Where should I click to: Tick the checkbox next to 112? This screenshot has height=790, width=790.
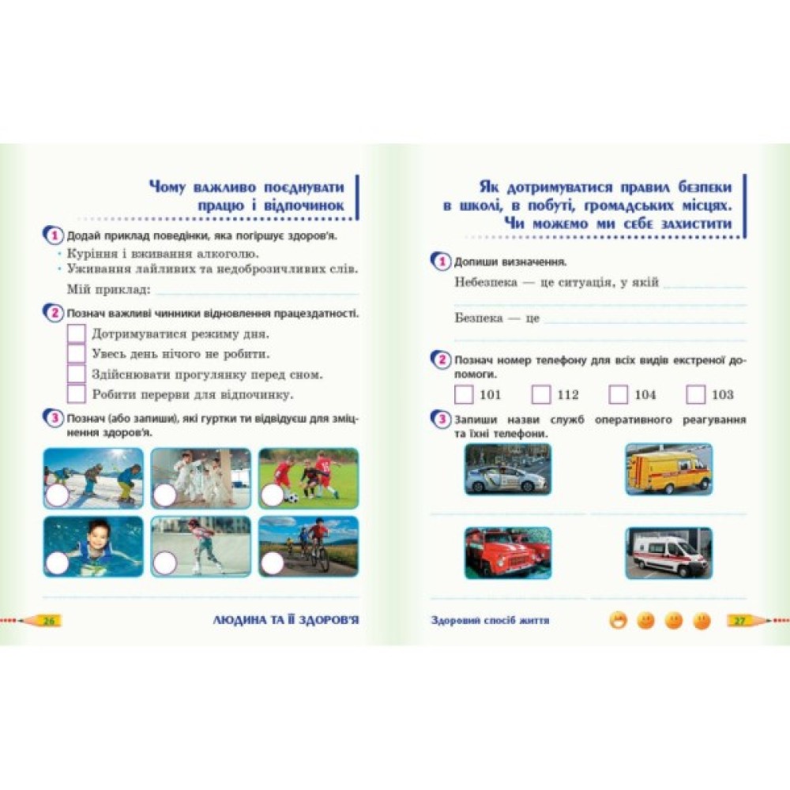pos(541,394)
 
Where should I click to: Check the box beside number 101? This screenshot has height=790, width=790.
pos(464,394)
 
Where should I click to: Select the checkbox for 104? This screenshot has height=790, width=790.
pos(619,394)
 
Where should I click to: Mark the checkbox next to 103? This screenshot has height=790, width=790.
pos(695,394)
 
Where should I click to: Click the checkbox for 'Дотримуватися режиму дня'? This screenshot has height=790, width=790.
pos(76,333)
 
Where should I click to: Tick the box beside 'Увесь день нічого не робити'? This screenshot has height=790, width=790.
pos(76,353)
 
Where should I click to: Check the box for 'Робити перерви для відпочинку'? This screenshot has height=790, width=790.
pos(76,393)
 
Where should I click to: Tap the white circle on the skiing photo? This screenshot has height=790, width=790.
pos(57,496)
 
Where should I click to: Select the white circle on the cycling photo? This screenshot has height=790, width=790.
pos(272,563)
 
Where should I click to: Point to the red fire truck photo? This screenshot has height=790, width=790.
pos(508,553)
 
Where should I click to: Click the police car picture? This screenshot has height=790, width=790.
pos(508,469)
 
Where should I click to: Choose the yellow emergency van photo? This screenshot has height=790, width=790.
pos(668,469)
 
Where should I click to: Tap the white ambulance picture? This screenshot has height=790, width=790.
pos(668,553)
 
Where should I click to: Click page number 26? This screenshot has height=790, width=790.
pos(49,620)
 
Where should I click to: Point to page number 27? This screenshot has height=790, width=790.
pos(739,620)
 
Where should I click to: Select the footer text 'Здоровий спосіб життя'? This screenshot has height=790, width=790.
pos(490,620)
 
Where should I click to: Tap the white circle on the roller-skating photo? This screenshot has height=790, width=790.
pos(165,563)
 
